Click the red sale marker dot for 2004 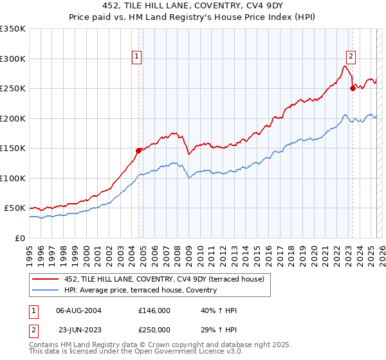[138, 150]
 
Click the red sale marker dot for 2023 [353, 88]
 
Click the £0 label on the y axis [21, 238]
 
